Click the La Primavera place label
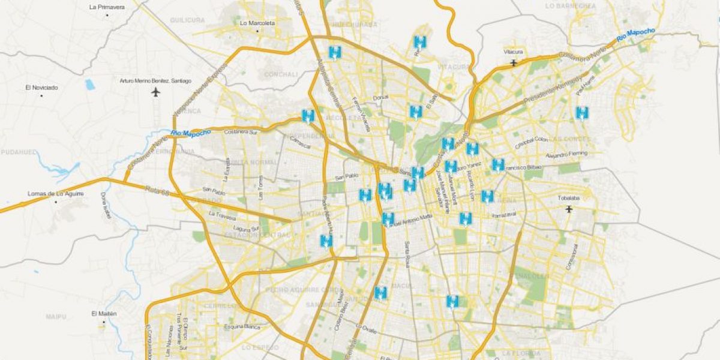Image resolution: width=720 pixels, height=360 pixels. click(x=107, y=7)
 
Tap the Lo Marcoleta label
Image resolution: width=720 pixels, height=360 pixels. click(x=257, y=23)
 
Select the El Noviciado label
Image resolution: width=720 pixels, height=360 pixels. click(x=41, y=88)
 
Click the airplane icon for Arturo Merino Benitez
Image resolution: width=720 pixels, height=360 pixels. click(x=157, y=92)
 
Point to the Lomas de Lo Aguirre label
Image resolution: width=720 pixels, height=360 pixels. click(x=55, y=194)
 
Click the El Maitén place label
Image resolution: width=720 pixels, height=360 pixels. click(x=104, y=314)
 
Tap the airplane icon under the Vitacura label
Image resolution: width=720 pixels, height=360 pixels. click(x=512, y=62)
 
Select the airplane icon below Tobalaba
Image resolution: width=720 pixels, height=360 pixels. click(x=569, y=209)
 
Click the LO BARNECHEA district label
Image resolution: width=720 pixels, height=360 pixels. click(x=571, y=5)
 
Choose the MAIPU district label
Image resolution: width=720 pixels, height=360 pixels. click(x=55, y=316)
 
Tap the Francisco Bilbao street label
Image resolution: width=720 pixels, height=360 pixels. click(x=524, y=167)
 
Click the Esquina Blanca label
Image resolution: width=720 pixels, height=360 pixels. click(x=239, y=327)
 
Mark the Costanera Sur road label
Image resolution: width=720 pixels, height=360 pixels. click(x=241, y=131)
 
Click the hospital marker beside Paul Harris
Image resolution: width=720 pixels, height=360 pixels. click(x=581, y=112)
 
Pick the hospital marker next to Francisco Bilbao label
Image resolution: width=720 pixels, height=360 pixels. click(x=498, y=164)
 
